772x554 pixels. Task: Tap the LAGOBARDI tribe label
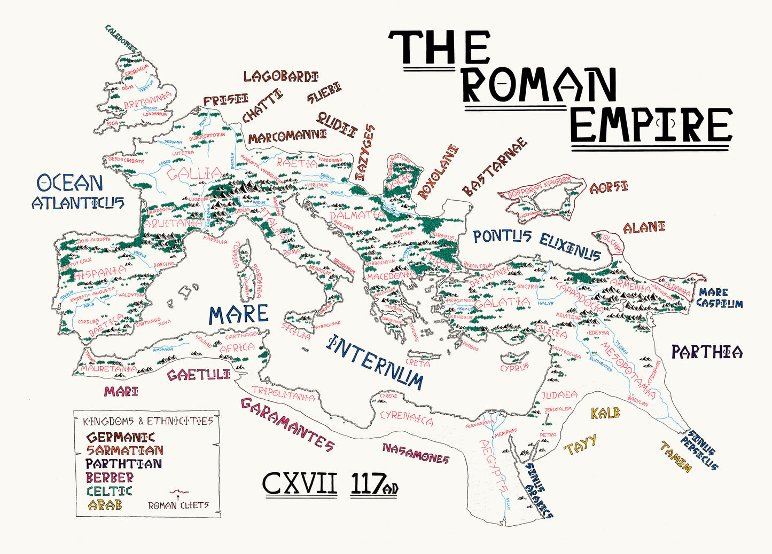coord(281,76)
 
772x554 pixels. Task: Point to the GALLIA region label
coord(194,174)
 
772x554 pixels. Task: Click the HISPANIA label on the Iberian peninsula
coord(100,273)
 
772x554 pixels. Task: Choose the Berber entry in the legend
coord(110,477)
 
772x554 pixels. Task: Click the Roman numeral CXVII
coord(300,484)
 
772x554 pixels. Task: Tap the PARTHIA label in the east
coord(706,352)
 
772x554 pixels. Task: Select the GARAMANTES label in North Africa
coord(287,424)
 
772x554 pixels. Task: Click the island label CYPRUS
coord(514,367)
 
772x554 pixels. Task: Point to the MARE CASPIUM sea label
coord(719,298)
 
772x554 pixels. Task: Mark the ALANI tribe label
coord(644,227)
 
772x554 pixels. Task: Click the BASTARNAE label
coord(494,167)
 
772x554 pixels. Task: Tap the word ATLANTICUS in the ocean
coord(78,203)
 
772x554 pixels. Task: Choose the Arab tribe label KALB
coord(605,413)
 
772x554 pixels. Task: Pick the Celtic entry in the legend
coord(109,491)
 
